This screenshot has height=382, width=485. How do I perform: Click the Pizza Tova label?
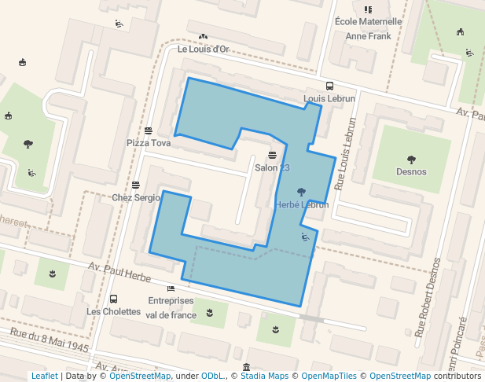[x=149, y=143]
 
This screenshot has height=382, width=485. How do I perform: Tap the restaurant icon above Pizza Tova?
[x=148, y=130]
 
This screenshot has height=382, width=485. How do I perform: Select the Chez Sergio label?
[x=136, y=197]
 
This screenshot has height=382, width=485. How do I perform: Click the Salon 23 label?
[x=273, y=168]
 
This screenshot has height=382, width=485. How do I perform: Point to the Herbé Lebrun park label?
[x=302, y=204]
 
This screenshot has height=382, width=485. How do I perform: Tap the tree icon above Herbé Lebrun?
[x=302, y=191]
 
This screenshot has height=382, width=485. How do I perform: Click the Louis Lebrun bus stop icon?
[x=329, y=86]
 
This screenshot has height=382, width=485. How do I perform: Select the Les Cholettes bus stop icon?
[x=113, y=299]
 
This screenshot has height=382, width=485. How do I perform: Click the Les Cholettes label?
[x=113, y=311]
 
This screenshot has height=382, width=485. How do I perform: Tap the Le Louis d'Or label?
[x=203, y=49]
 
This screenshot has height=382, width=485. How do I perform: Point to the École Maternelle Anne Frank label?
[x=368, y=28]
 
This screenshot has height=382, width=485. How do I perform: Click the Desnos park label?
[x=411, y=171]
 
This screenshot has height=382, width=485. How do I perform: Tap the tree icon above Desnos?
[x=411, y=159]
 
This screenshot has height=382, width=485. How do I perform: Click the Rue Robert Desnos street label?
[x=428, y=298]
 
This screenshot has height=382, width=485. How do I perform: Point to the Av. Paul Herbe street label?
[x=119, y=273]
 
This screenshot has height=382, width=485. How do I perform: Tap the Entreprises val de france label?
[x=171, y=307]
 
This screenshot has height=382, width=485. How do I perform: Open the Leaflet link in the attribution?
[x=44, y=376]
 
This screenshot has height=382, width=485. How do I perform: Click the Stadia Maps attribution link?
[x=264, y=376]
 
